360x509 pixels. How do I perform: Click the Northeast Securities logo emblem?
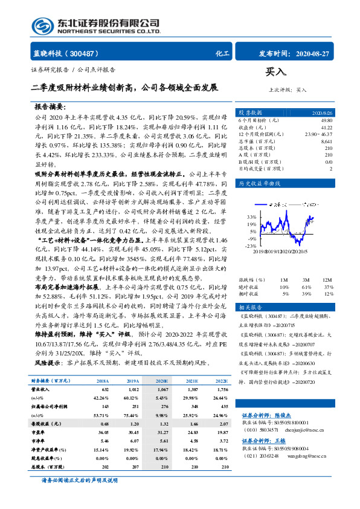(x=42, y=25)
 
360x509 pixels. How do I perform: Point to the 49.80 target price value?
(x=326, y=121)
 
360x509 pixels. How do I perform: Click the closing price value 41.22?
(x=326, y=128)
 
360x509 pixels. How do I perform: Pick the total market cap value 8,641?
(x=326, y=141)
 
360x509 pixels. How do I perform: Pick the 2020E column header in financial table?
(x=162, y=381)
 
